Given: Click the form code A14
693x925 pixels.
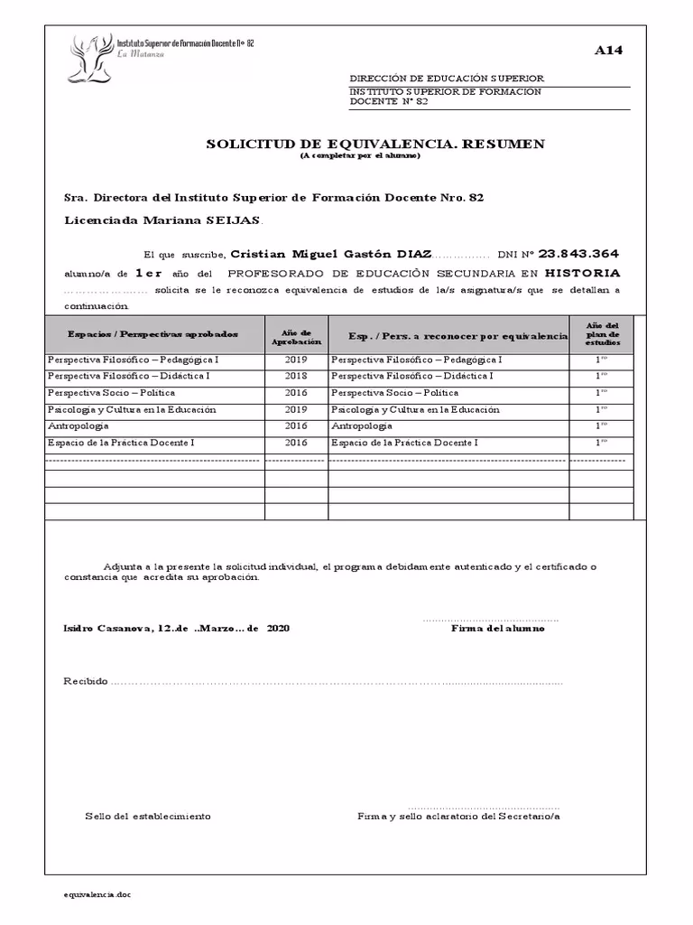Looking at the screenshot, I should pyautogui.click(x=608, y=51).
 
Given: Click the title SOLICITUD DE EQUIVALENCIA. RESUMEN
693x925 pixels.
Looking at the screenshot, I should pyautogui.click(x=375, y=144).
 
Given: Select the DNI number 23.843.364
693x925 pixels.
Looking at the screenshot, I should pyautogui.click(x=577, y=254).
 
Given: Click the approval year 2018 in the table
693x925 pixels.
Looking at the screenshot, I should pyautogui.click(x=296, y=376).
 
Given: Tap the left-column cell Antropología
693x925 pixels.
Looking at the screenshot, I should pyautogui.click(x=78, y=425).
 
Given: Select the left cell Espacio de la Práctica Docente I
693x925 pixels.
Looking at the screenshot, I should pyautogui.click(x=120, y=443).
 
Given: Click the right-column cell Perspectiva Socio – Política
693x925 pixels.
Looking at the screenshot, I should pyautogui.click(x=394, y=393).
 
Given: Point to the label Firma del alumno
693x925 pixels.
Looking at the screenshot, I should pyautogui.click(x=497, y=629).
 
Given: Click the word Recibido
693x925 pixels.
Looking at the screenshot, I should pyautogui.click(x=85, y=680).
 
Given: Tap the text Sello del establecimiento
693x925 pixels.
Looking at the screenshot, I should pyautogui.click(x=148, y=816).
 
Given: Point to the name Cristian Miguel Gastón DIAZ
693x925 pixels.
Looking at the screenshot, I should pyautogui.click(x=331, y=255).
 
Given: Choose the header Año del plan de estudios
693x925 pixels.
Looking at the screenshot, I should pyautogui.click(x=602, y=334).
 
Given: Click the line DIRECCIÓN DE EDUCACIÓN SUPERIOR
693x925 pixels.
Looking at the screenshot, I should pyautogui.click(x=447, y=79).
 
